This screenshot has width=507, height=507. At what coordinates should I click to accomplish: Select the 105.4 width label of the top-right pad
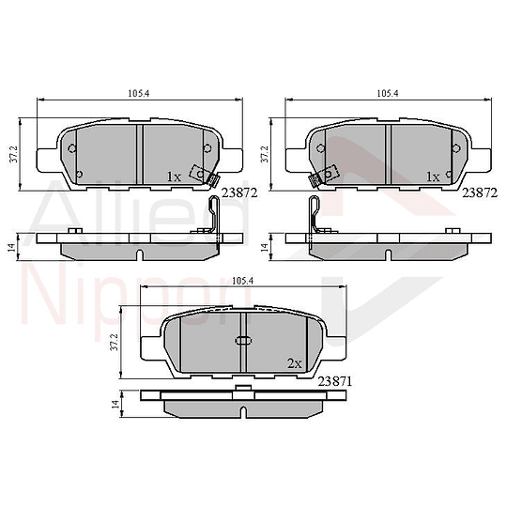coord(387,94)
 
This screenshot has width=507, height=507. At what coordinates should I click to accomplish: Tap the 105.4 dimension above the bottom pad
coord(243,280)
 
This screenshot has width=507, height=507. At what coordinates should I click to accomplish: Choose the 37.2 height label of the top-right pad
coord(266,154)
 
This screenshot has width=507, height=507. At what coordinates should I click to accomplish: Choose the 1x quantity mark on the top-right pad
coord(433,177)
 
